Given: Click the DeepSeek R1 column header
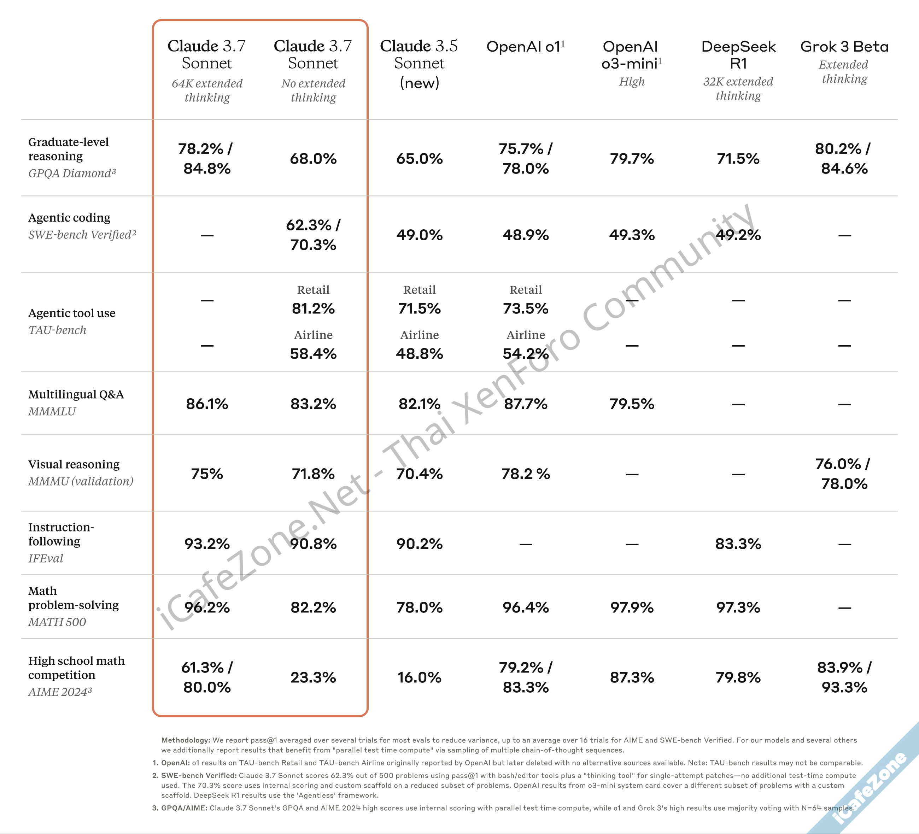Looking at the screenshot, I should click(738, 55).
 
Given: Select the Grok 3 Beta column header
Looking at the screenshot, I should click(844, 47).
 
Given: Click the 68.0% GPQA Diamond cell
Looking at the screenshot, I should click(313, 159).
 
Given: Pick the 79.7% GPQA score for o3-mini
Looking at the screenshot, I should click(632, 159).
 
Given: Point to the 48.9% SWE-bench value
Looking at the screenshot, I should click(526, 235).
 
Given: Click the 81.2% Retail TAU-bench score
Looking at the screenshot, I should click(313, 309).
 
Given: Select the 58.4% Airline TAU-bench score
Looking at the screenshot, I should click(313, 354).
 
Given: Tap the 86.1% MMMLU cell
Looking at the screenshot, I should click(207, 404).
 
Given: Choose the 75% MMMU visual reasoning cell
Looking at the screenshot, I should click(207, 474).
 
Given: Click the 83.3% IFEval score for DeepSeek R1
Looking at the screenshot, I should click(738, 544).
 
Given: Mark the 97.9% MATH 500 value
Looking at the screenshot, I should click(632, 607).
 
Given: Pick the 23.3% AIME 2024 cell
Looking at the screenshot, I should click(313, 677).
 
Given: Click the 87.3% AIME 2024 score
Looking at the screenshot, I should click(632, 677).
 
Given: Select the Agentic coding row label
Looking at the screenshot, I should click(69, 218).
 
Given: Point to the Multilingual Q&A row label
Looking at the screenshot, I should click(76, 394).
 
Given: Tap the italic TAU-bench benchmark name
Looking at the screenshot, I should click(57, 330).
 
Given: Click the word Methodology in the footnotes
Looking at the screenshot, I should click(186, 740).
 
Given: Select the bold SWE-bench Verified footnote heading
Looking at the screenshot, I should click(199, 775).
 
